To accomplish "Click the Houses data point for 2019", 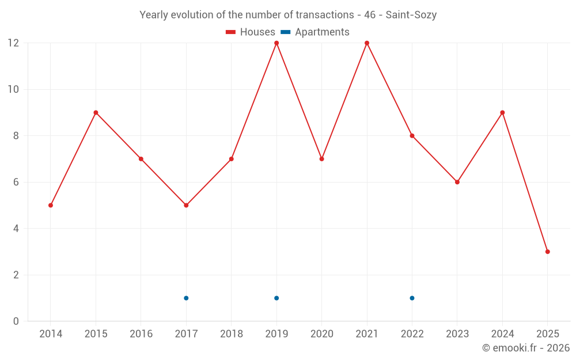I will (276, 43).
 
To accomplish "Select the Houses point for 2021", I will (367, 43).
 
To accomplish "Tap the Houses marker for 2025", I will (547, 252).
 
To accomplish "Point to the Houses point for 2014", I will (51, 205).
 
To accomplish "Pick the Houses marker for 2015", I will (96, 112).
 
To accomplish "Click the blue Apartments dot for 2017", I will (186, 298).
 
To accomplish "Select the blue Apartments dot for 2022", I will (412, 298).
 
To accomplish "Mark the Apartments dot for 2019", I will (276, 298).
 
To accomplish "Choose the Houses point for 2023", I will (457, 182).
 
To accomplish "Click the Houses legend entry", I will (251, 32).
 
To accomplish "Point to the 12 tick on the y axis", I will (13, 43).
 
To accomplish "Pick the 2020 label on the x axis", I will (321, 334).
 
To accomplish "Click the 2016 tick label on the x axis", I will (141, 334).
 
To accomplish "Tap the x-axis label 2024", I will (502, 334).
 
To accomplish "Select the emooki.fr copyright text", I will (526, 348).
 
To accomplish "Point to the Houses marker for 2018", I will (232, 159).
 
